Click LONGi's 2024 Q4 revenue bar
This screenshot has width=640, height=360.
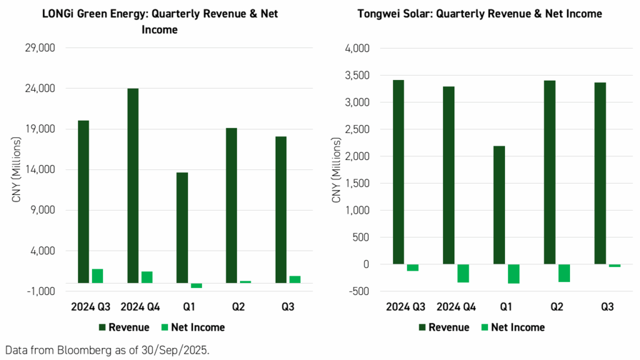click(132, 186)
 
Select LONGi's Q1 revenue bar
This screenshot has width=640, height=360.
click(182, 227)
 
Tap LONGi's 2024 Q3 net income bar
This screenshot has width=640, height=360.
click(97, 276)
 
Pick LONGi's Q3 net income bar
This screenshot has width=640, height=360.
click(295, 279)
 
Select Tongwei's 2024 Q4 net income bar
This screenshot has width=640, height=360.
click(463, 273)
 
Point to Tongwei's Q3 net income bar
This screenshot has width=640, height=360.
click(614, 266)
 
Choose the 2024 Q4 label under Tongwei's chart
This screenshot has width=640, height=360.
click(456, 307)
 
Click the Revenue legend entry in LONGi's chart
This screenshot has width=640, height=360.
click(123, 327)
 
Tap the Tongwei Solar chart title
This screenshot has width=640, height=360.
click(479, 14)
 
